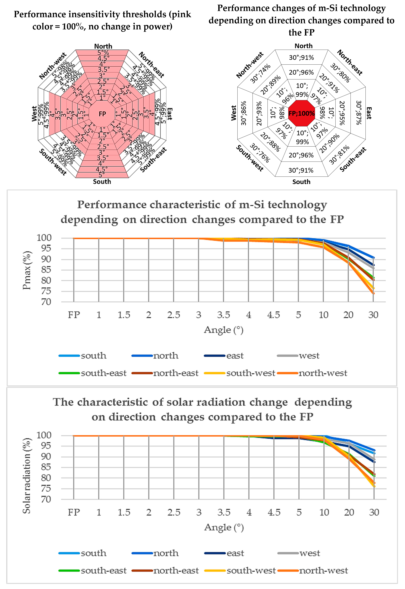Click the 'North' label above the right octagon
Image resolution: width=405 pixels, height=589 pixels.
pyautogui.click(x=303, y=46)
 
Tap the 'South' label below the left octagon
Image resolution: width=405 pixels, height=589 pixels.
pyautogui.click(x=102, y=181)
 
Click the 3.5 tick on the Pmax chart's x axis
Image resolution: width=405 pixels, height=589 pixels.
pyautogui.click(x=223, y=315)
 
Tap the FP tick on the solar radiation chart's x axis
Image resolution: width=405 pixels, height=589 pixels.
pyautogui.click(x=74, y=512)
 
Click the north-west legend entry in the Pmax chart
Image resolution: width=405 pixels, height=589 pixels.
pyautogui.click(x=323, y=373)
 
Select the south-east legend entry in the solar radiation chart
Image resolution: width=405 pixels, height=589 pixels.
pyautogui.click(x=103, y=570)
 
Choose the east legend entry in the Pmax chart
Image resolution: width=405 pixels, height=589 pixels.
pyautogui.click(x=235, y=355)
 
